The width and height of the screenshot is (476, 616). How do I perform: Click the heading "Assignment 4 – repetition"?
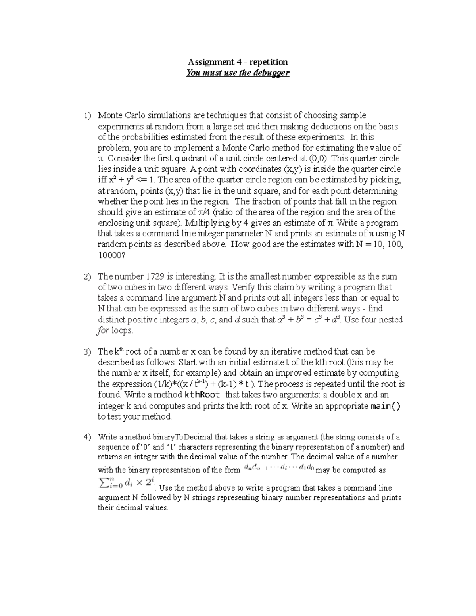click(x=238, y=62)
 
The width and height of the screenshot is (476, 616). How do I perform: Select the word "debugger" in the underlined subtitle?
click(x=273, y=73)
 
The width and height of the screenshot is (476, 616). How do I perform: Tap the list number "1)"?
click(x=87, y=116)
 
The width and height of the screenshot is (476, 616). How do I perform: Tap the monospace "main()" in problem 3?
click(x=385, y=406)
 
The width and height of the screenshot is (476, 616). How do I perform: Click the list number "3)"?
click(x=87, y=352)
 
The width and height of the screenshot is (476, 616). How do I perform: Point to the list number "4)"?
click(x=87, y=437)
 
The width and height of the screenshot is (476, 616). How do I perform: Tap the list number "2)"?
click(x=87, y=277)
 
